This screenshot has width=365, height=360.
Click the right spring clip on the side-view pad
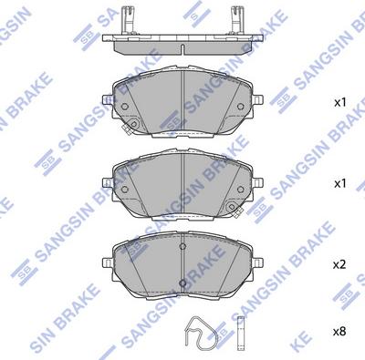(x=243, y=18)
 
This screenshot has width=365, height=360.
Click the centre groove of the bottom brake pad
(x=182, y=264)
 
